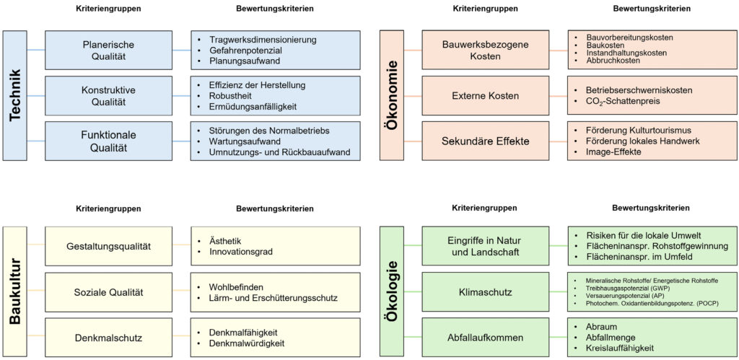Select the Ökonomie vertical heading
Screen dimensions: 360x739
click(394, 95)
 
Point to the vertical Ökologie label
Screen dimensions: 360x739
click(394, 291)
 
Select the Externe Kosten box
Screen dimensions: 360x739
click(485, 96)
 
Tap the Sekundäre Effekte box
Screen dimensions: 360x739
click(485, 141)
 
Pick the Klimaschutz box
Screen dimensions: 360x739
click(485, 292)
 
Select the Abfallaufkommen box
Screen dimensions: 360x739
click(485, 338)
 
